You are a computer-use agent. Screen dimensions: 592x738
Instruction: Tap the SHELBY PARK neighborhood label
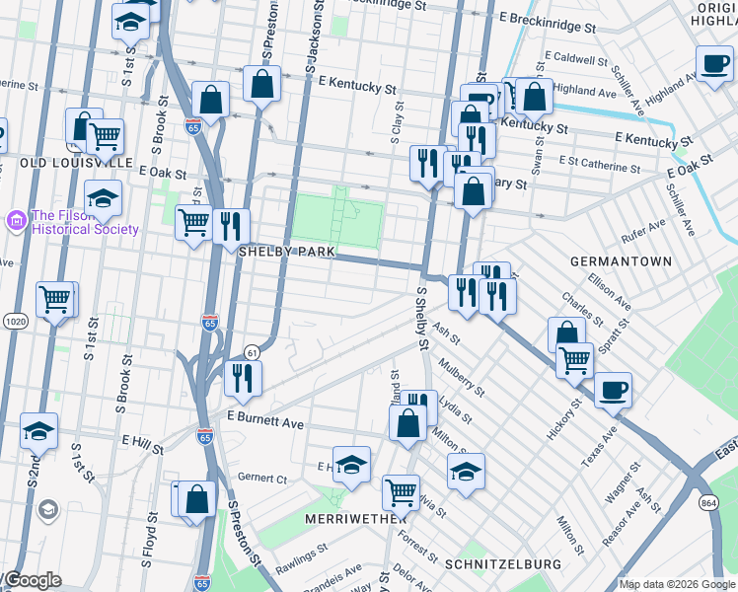point(287,253)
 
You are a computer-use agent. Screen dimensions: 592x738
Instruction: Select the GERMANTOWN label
point(621,261)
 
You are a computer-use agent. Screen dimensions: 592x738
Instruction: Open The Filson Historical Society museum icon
point(17,218)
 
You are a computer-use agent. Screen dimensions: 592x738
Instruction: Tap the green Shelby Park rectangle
point(337,220)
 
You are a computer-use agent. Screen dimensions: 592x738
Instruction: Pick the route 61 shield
point(253,352)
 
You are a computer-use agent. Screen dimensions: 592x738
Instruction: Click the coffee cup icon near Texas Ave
point(612,390)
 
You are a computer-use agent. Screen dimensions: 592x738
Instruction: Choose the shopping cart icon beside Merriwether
point(401,490)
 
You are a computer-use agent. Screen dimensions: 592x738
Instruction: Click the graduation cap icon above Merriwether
point(350,464)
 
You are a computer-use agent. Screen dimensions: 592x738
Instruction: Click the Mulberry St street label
point(463,377)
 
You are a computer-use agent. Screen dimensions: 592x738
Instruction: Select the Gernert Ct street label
point(261,479)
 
